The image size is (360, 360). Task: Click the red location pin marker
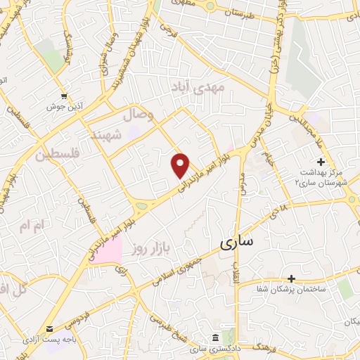181,165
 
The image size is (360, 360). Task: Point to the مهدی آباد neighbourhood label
199,87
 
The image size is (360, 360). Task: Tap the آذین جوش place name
65,107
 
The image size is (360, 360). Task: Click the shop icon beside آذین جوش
65,96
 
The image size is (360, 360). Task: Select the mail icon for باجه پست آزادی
49,328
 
